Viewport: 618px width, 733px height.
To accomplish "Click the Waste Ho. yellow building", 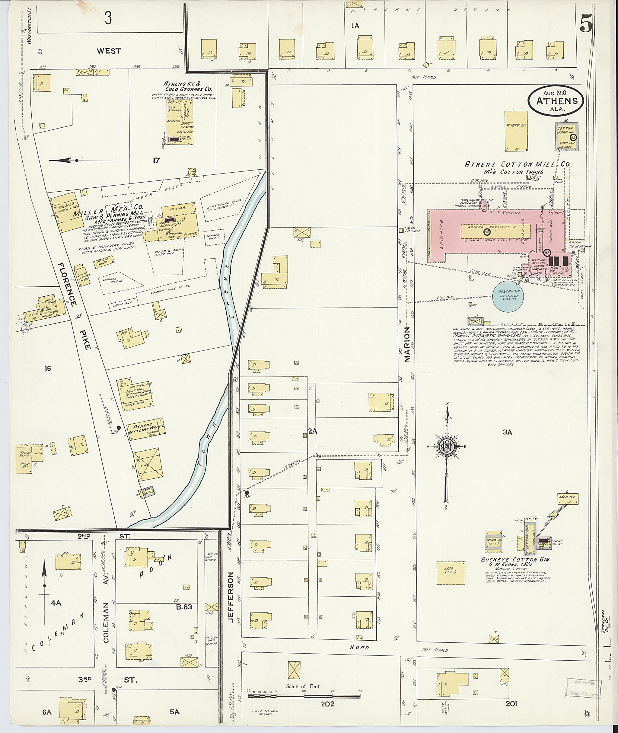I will click(x=516, y=131).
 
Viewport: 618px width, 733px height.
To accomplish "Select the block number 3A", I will click(x=507, y=432).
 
